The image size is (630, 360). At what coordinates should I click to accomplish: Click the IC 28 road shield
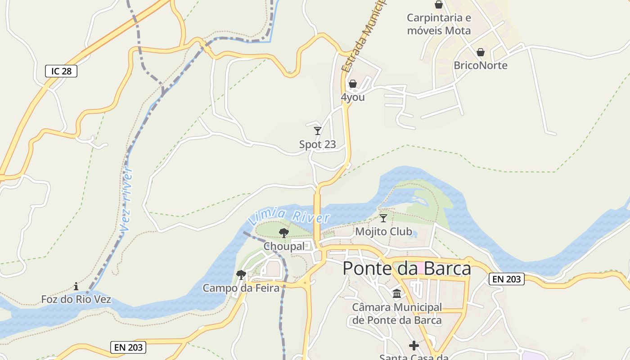coord(61,71)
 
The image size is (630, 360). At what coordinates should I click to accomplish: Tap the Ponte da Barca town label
coord(407,269)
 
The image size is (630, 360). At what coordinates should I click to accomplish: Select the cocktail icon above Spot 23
coord(318,131)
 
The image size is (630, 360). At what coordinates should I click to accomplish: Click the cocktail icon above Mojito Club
coord(383,218)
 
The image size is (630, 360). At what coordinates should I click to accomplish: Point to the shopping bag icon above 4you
coord(353,84)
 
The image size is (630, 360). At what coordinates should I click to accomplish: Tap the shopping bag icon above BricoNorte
coord(481,52)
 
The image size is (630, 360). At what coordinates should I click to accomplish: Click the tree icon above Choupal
coord(284,233)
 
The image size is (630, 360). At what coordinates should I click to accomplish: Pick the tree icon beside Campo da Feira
coord(241,274)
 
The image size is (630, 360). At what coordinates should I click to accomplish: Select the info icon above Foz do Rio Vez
coord(76,286)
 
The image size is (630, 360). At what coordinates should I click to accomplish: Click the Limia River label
coord(289,216)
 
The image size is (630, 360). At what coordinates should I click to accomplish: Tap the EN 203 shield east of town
coord(507,279)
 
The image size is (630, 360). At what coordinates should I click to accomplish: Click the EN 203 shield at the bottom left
coord(128,347)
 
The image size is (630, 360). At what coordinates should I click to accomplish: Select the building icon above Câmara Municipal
coord(397,294)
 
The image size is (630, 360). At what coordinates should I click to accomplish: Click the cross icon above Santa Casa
coord(414,346)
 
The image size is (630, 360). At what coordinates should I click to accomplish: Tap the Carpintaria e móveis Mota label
coord(439,24)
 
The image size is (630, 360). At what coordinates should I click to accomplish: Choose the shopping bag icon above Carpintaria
coord(439,4)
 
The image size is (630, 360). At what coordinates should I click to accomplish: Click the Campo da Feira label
coord(241,288)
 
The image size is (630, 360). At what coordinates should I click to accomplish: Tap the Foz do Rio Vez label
coord(76,299)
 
